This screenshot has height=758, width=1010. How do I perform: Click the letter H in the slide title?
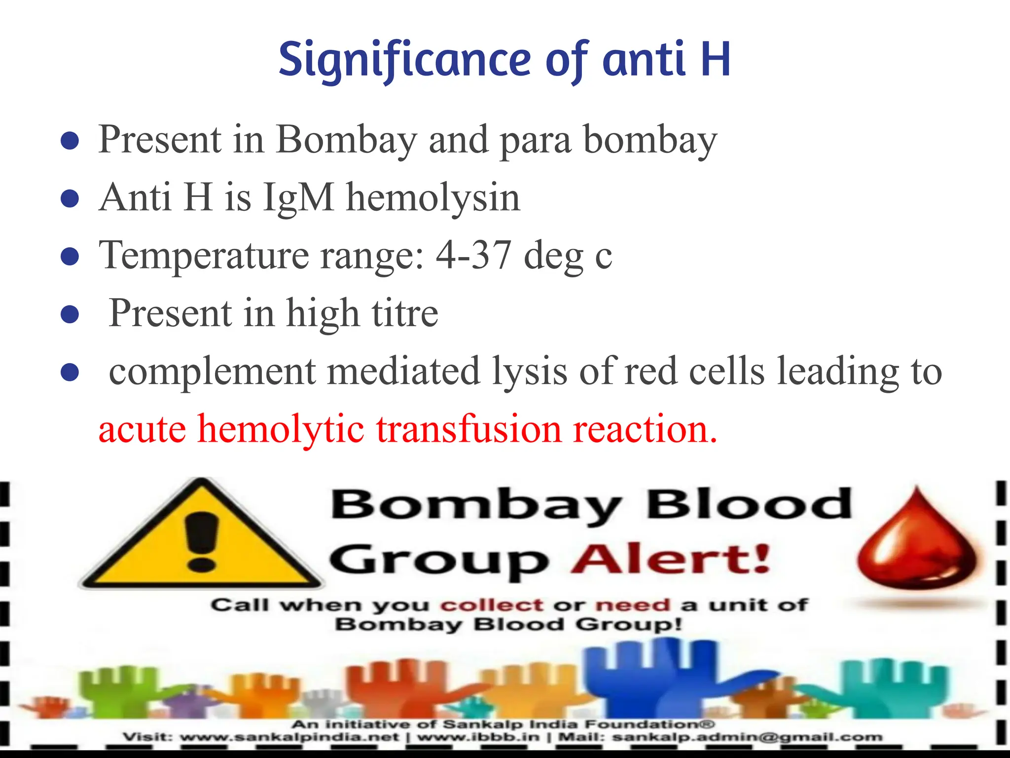715,60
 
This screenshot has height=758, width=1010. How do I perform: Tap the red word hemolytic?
281,429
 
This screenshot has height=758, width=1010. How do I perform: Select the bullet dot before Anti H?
70,199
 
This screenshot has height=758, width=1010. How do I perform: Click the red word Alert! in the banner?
671,560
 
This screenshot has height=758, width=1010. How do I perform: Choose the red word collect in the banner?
492,605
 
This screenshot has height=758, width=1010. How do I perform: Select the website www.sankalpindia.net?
289,737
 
